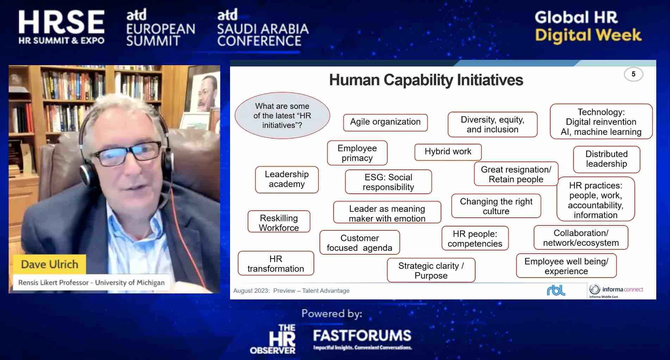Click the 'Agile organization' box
385,122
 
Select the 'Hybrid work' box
448,152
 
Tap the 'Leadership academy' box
287,179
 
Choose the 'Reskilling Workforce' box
279,222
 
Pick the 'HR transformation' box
276,263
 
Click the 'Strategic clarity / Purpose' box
431,270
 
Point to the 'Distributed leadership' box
607,159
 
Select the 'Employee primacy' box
357,153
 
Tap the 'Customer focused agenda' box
360,243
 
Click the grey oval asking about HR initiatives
283,116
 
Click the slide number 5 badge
633,74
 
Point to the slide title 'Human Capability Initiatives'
426,80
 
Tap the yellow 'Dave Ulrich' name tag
49,264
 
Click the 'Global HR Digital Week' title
588,26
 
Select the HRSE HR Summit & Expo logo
62,27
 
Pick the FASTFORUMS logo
362,339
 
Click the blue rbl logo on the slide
556,290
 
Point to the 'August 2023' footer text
251,291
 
